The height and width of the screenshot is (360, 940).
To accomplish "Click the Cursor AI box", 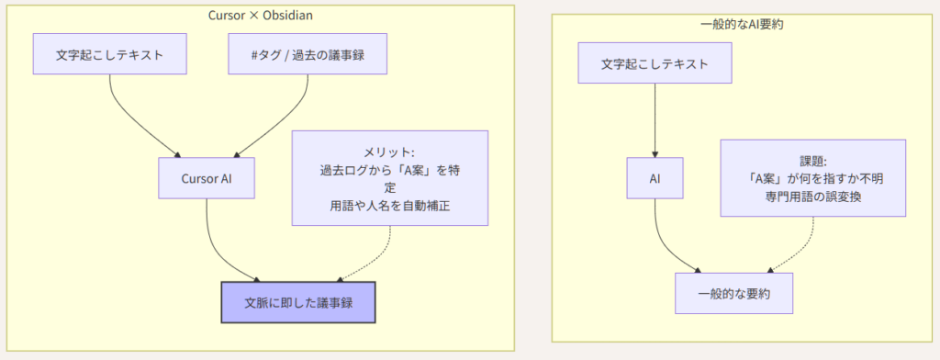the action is (207, 178).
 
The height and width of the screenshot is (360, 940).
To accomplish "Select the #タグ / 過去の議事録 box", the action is (308, 54).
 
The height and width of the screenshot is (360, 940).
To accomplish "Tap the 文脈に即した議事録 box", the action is (298, 302).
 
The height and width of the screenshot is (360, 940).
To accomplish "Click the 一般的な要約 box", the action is (733, 293).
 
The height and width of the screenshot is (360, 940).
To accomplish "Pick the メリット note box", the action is (389, 178).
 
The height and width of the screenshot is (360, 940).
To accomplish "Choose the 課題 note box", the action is (813, 178).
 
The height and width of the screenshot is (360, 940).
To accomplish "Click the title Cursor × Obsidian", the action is (260, 16).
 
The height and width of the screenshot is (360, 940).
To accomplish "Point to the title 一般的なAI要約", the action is (743, 25).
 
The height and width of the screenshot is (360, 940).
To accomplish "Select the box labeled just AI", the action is (655, 178).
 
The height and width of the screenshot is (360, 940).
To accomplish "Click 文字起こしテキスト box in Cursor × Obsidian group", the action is (110, 54).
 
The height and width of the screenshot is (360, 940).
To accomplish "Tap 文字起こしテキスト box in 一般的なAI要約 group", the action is (655, 63).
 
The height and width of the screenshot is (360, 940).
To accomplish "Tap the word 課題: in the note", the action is (813, 162).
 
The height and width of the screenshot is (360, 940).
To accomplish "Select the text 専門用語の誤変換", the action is (813, 197).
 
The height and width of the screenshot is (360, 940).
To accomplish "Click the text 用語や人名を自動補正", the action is (389, 206).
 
